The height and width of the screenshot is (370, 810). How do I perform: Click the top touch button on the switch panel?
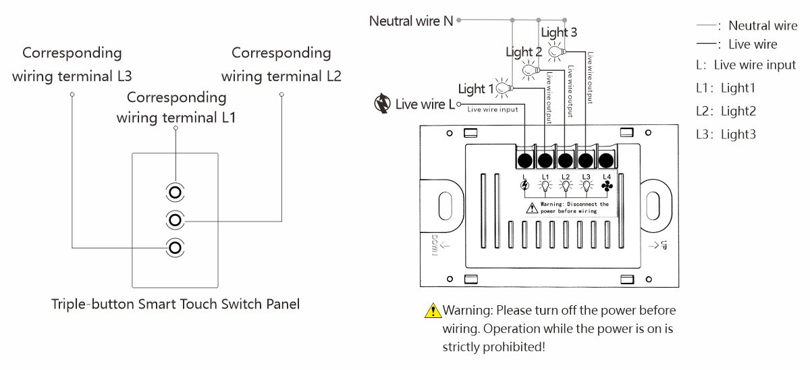pyautogui.click(x=175, y=192)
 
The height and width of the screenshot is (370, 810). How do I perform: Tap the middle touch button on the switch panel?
pyautogui.click(x=175, y=220)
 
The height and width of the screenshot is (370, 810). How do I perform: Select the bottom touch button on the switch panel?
pyautogui.click(x=175, y=248)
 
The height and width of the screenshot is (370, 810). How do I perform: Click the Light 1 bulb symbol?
pyautogui.click(x=503, y=88)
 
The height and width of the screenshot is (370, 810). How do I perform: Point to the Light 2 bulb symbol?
pyautogui.click(x=531, y=68)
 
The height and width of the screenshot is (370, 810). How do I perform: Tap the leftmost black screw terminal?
pyautogui.click(x=524, y=160)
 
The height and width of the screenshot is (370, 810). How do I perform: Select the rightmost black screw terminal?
pyautogui.click(x=606, y=160)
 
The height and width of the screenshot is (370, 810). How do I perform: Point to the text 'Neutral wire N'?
pyautogui.click(x=411, y=21)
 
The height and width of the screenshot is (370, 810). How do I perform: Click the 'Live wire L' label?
pyautogui.click(x=425, y=104)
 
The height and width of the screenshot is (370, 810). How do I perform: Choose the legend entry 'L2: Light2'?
pyautogui.click(x=726, y=111)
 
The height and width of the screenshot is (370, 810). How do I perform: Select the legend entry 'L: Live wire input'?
pyautogui.click(x=746, y=65)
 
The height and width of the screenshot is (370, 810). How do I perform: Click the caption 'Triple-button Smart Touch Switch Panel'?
pyautogui.click(x=175, y=304)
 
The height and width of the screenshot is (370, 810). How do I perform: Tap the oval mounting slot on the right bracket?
pyautogui.click(x=653, y=204)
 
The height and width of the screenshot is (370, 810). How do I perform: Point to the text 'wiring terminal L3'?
pyautogui.click(x=72, y=76)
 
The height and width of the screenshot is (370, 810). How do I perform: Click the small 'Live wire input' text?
pyautogui.click(x=493, y=109)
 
